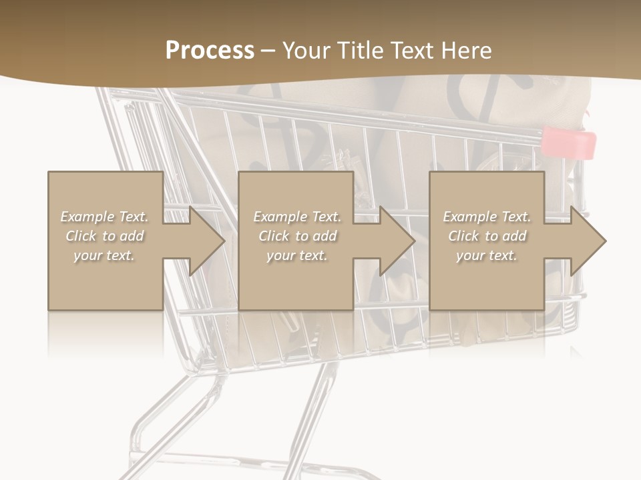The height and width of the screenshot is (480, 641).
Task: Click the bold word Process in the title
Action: (210, 51)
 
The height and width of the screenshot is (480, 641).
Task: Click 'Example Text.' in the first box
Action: (104, 217)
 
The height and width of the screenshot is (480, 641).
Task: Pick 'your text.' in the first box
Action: (104, 255)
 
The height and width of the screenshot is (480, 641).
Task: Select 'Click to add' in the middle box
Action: (297, 236)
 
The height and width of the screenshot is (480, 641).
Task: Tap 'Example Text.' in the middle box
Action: (297, 217)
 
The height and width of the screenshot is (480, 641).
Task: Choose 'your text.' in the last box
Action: (487, 255)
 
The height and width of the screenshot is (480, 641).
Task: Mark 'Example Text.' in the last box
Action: (487, 217)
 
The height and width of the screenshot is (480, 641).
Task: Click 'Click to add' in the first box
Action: (104, 236)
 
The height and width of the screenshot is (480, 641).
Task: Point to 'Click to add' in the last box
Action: (487, 236)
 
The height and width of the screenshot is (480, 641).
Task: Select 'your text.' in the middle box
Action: (297, 255)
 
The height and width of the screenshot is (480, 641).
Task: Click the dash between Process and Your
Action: (268, 51)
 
